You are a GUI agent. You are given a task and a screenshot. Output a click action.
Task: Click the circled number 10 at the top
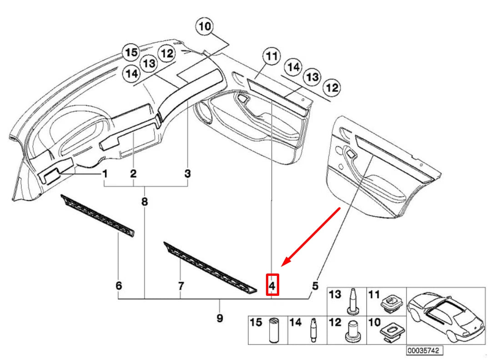point(205,26)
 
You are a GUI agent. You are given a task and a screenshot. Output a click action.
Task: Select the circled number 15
point(131,52)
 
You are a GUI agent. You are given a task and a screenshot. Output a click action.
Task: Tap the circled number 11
point(271,56)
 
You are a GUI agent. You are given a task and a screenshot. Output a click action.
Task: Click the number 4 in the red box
point(272,285)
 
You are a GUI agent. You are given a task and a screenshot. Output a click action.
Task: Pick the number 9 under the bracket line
point(220,318)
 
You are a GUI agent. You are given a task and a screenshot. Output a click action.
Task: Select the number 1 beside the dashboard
point(105,173)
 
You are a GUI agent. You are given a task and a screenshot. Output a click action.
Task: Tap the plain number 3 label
point(187,173)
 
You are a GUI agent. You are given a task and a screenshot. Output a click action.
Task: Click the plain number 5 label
point(315,285)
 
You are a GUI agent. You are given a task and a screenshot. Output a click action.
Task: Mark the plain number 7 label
point(181,286)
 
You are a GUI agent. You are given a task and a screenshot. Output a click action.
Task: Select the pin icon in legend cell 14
point(313,330)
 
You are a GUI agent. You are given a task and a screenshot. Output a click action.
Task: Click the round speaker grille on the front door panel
point(205,112)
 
